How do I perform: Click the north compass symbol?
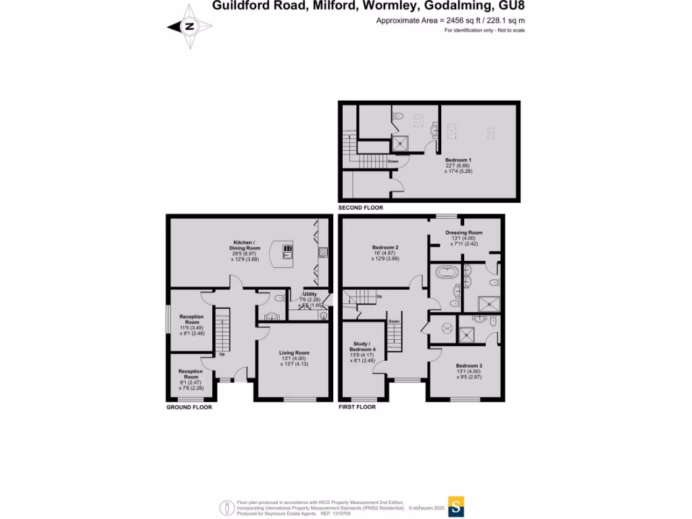tap(190, 27)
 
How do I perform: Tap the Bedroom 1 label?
tap(458, 159)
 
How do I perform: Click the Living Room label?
tap(294, 352)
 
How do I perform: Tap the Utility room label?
tap(310, 295)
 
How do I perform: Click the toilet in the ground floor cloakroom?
tap(280, 297)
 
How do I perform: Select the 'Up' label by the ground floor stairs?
tap(222, 355)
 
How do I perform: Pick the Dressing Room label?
tap(464, 232)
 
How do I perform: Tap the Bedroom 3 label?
tap(468, 365)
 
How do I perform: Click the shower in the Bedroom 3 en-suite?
tap(466, 333)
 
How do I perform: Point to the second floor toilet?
tap(399, 117)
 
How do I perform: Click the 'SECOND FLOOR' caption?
tap(361, 208)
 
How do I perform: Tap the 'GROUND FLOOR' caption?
tap(189, 407)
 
